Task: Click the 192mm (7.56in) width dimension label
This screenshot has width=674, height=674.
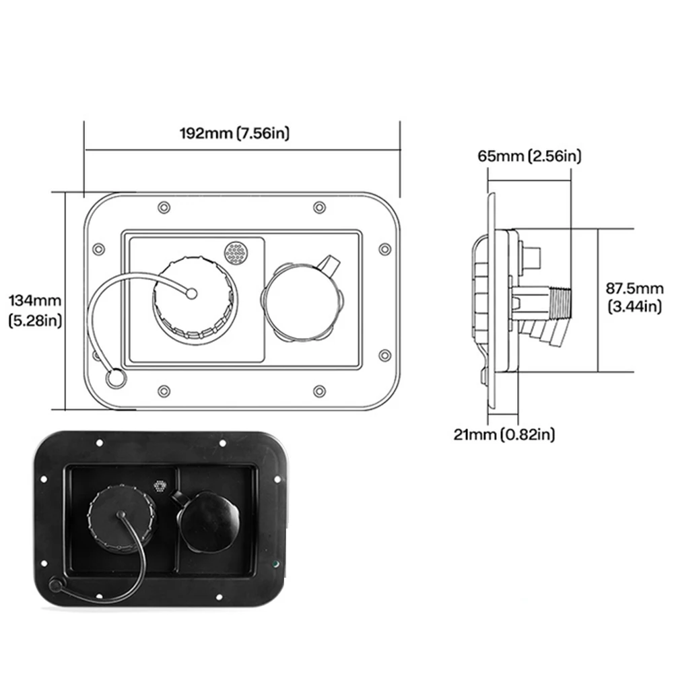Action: tap(234, 133)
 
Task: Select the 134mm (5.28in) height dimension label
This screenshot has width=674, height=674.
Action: tap(36, 310)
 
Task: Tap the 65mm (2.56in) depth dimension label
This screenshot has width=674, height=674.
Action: tap(529, 156)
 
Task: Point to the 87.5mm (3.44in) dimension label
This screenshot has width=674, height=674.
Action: tap(634, 298)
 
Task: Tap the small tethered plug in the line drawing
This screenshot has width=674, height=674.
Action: tap(115, 378)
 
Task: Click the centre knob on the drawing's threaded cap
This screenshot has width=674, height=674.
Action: tap(191, 294)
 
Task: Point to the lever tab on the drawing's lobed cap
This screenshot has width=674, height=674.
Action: tap(330, 264)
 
